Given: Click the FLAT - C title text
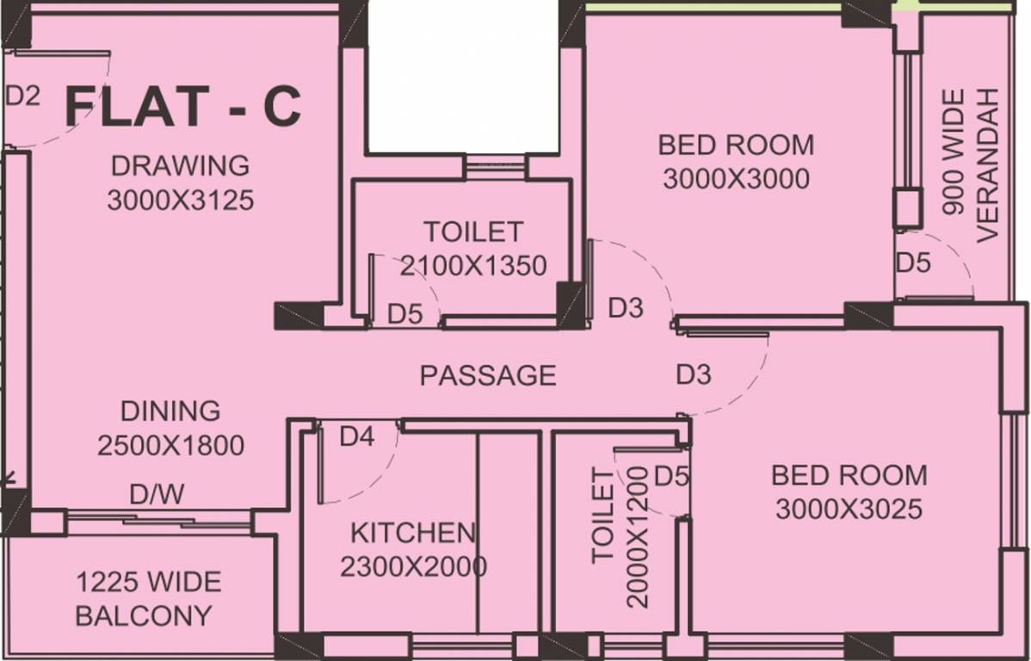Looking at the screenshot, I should (183, 108).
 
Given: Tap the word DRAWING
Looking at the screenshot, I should (180, 164).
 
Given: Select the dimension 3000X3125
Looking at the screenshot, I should (180, 201).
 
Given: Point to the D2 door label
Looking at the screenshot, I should (22, 96).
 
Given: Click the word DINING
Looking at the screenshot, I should (170, 411).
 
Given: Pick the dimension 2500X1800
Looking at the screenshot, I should (170, 446).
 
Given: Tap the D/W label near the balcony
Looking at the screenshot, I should (156, 495).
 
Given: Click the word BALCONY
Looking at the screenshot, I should (144, 616).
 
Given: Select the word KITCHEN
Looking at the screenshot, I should (412, 533).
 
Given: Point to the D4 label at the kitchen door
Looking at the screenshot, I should (357, 437).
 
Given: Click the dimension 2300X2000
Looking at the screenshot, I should (413, 567).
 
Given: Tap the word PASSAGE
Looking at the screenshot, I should (488, 375).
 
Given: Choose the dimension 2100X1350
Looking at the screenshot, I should (473, 267).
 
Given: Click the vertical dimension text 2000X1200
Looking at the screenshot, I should (638, 537).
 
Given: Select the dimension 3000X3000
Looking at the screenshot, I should (736, 178).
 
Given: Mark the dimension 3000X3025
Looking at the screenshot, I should (849, 510).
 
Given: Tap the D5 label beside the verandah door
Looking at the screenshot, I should (913, 263).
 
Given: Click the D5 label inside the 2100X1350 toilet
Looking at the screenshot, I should (404, 314).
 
